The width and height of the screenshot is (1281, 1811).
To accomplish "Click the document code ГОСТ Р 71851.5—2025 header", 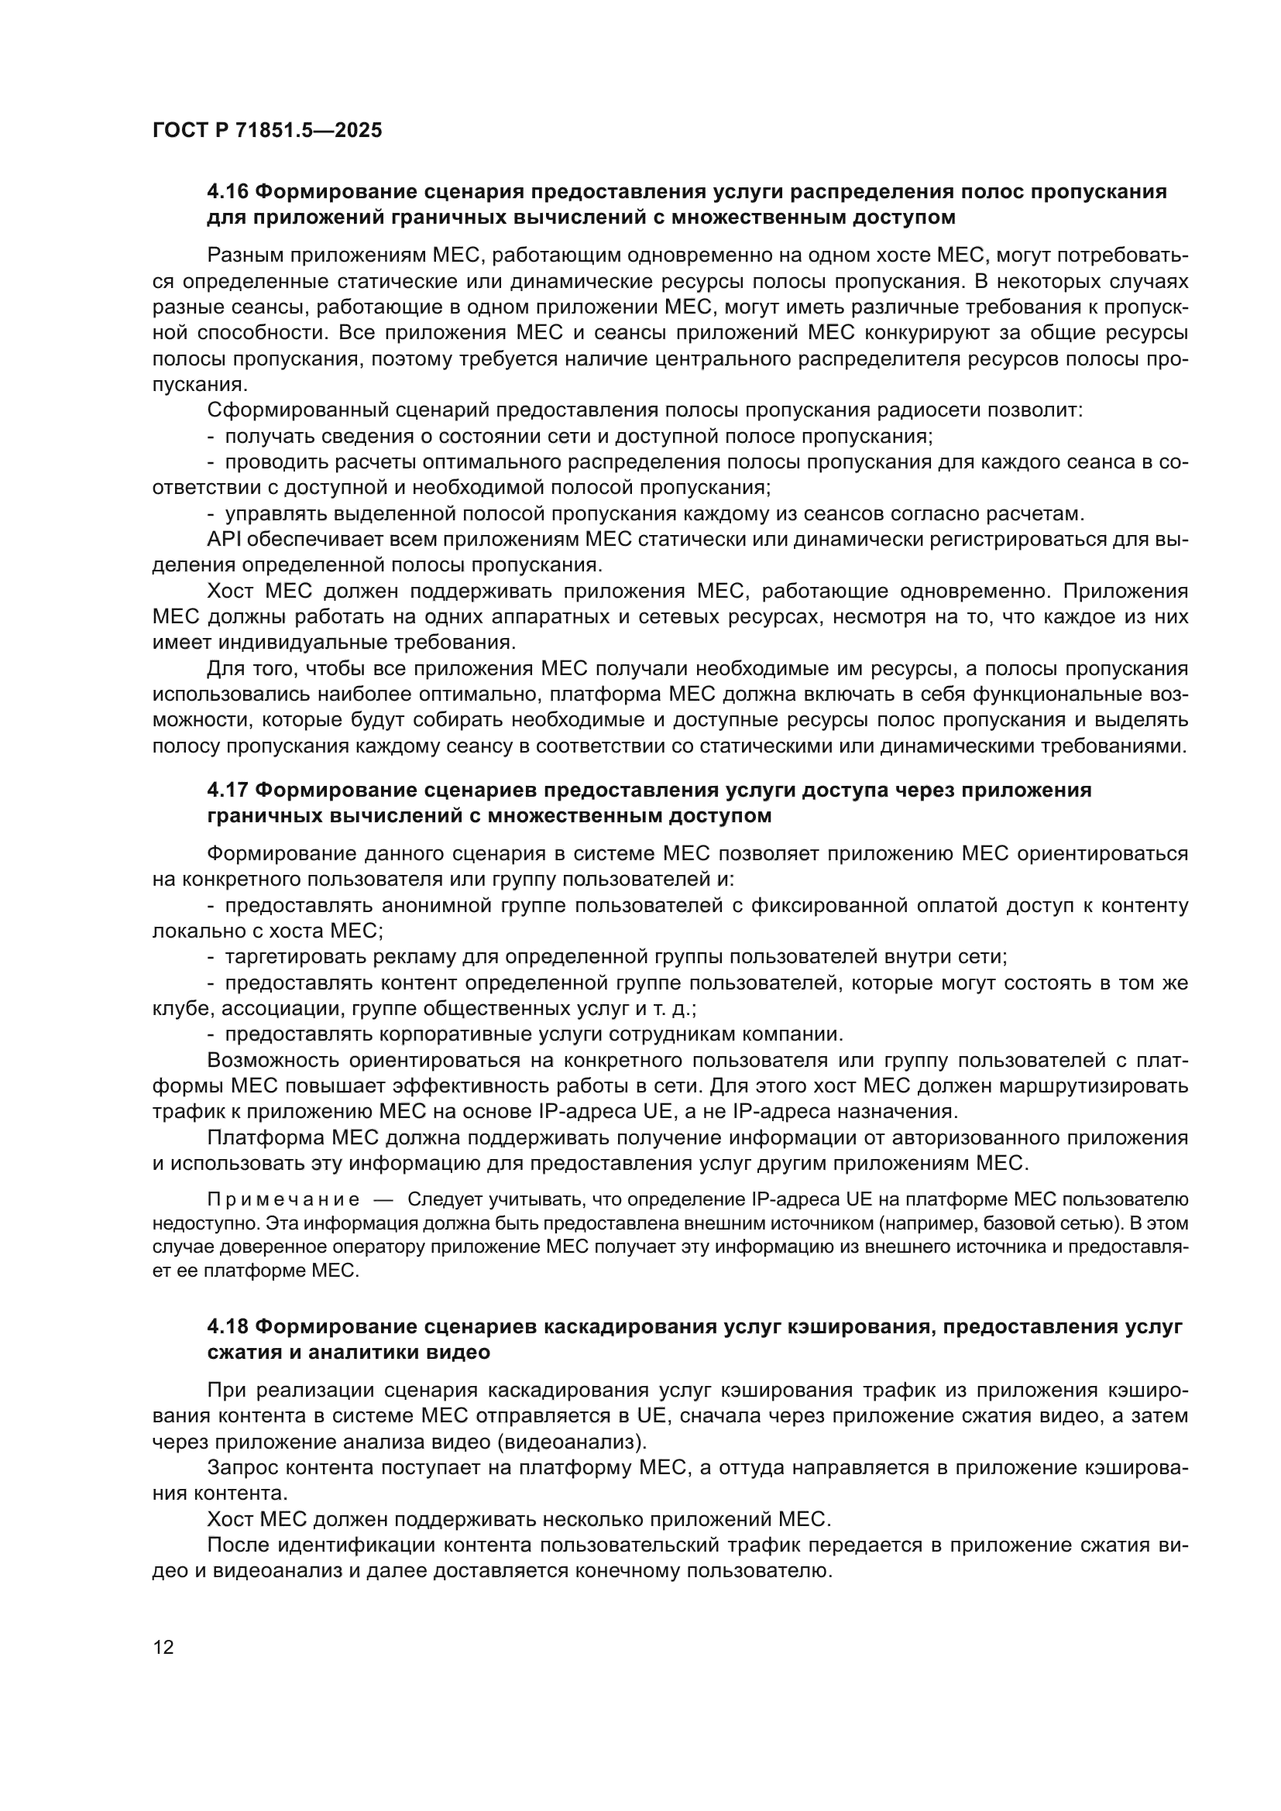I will (x=266, y=130).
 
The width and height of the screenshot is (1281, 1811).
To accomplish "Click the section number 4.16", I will (x=228, y=192).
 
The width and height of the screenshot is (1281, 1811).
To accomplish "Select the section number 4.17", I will (x=228, y=791).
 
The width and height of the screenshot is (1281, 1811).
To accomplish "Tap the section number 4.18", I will (x=228, y=1327).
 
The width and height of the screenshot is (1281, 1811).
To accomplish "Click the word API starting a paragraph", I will (x=223, y=540).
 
